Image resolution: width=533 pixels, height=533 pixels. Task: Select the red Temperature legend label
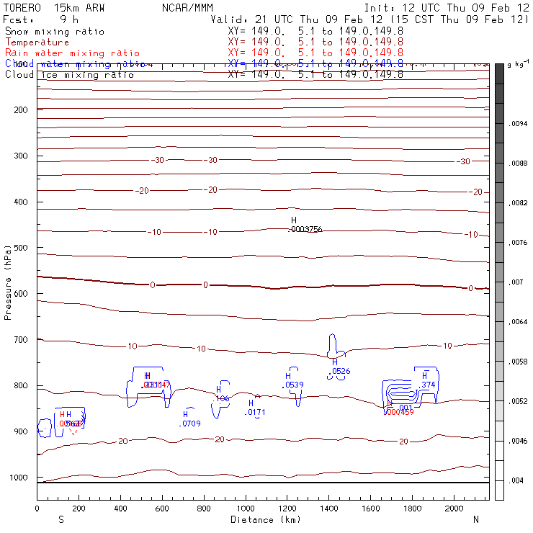coord(37,42)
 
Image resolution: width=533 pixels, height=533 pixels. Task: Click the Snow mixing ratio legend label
coord(55,32)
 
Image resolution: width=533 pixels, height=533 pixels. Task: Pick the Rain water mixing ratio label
coord(73,53)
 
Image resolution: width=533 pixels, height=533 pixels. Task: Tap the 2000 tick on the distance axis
coord(455,509)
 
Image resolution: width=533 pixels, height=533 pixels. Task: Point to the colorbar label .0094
coord(519,124)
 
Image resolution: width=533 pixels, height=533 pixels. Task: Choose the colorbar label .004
coord(516,480)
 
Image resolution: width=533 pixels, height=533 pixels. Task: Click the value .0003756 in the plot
coord(305,229)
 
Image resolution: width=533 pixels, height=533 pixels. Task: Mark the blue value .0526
coord(341,372)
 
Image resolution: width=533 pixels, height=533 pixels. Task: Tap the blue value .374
coord(428,385)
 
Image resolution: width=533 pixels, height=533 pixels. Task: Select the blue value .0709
coord(190,424)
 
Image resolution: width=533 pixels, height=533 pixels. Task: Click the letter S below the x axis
coord(61,519)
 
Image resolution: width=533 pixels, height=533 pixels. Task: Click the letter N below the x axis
coord(475,519)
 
